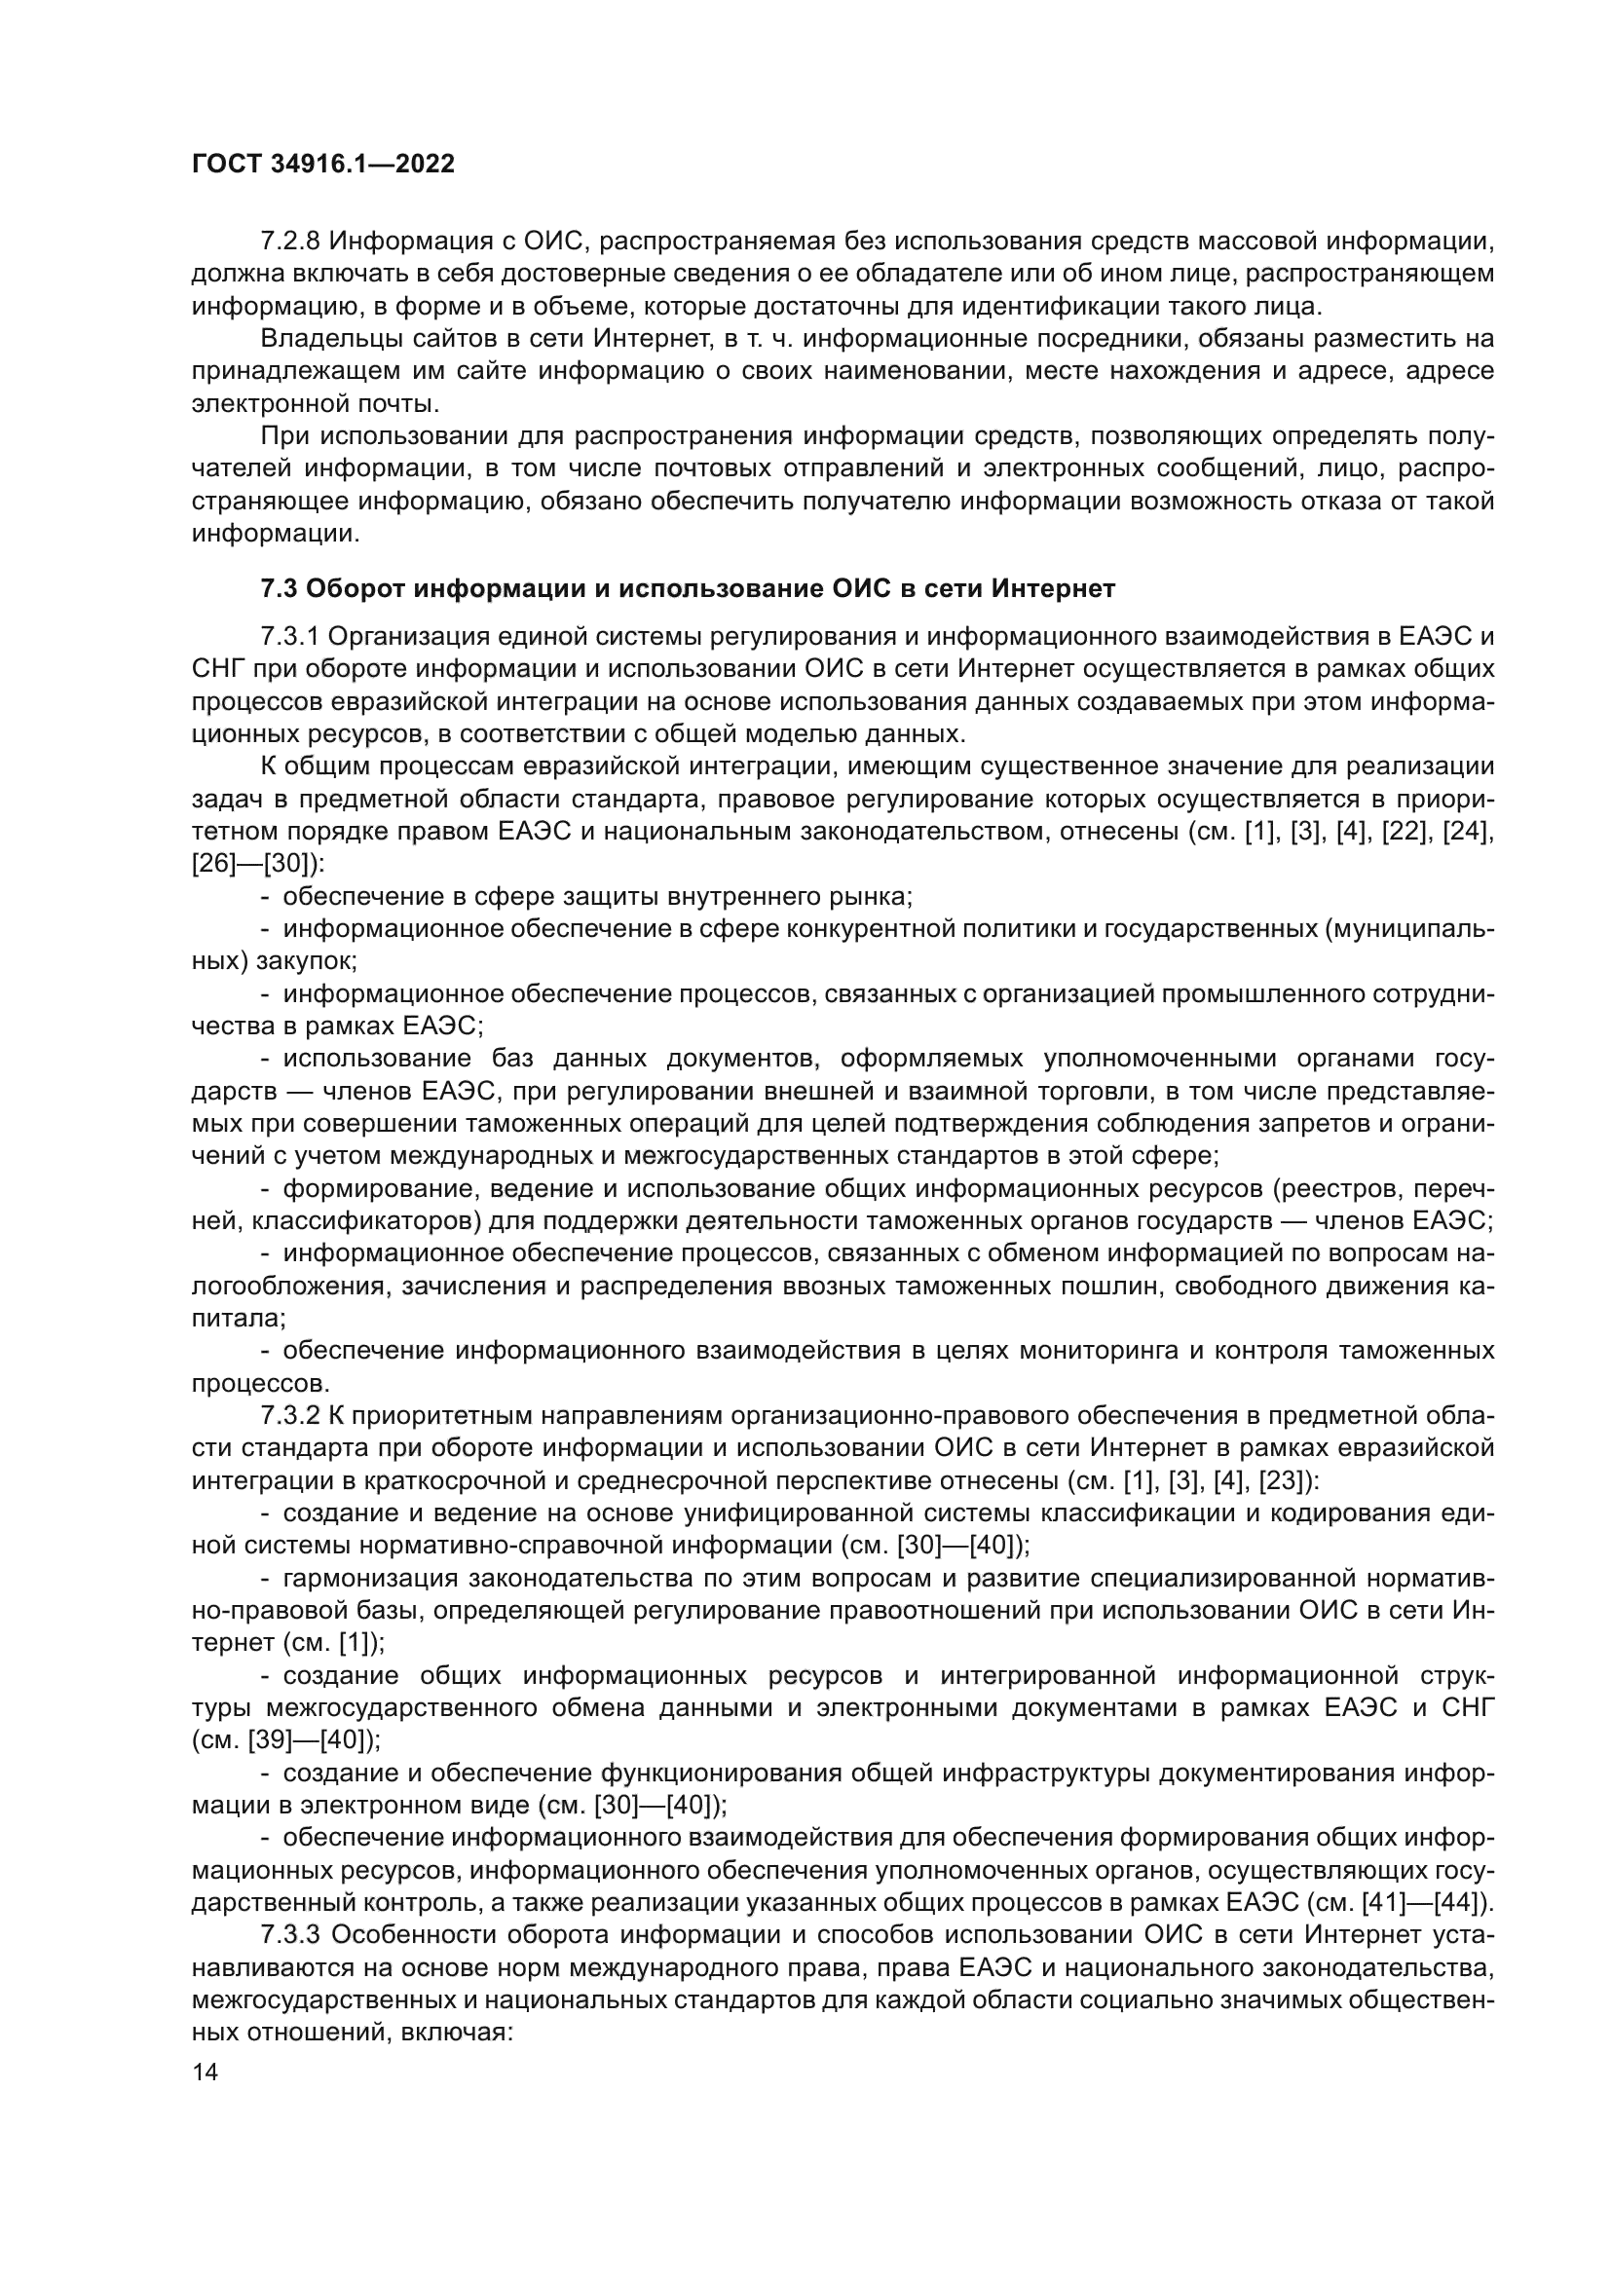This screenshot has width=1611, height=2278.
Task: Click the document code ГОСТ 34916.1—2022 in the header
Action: [322, 165]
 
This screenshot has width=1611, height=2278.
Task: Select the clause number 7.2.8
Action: [289, 241]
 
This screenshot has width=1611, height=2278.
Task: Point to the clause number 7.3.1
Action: [289, 636]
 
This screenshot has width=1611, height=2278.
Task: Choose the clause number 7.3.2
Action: [289, 1414]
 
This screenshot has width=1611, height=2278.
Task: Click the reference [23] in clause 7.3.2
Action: [1285, 1478]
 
